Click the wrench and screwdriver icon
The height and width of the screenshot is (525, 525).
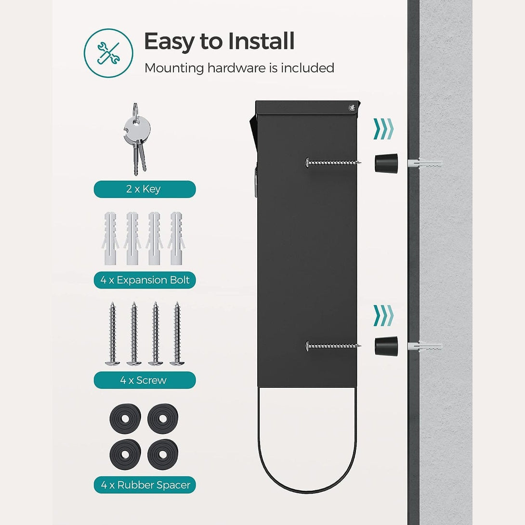click(x=108, y=53)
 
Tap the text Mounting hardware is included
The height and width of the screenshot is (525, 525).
click(x=239, y=68)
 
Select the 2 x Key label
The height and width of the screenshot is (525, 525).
click(x=144, y=189)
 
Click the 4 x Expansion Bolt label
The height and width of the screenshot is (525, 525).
click(x=144, y=280)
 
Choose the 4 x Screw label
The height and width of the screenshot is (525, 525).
click(x=144, y=380)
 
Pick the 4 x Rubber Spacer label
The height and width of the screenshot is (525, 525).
click(x=144, y=485)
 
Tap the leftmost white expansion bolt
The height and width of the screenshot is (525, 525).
click(x=110, y=238)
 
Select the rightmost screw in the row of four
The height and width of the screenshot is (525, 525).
click(x=177, y=333)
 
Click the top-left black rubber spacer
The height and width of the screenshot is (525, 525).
click(x=125, y=419)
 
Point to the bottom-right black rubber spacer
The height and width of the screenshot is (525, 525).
click(x=163, y=454)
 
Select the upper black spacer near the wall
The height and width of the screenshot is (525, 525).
click(x=386, y=163)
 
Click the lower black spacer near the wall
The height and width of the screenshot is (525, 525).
click(x=386, y=346)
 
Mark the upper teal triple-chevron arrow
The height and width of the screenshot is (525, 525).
click(x=383, y=129)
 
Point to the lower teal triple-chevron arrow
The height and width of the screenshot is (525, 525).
click(x=383, y=315)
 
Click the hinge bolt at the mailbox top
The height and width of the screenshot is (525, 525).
click(x=351, y=108)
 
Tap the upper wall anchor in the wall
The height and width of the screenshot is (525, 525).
click(x=425, y=163)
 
